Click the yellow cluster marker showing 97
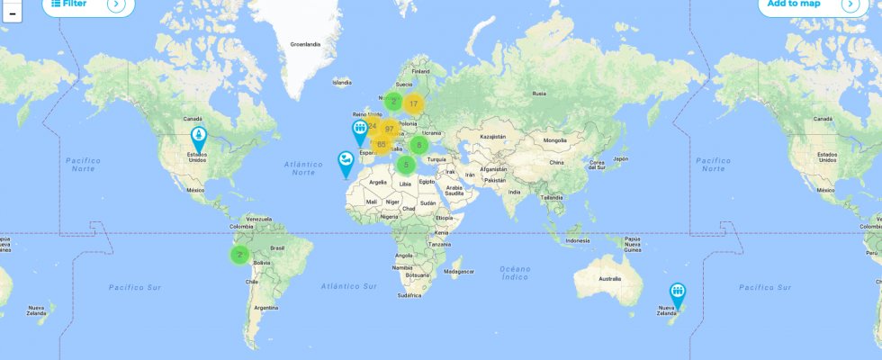coord(390,129)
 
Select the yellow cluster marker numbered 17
coord(413,103)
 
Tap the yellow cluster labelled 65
coord(382,144)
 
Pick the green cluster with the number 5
coord(406,165)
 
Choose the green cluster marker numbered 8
coord(418,145)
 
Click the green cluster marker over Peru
coord(238,255)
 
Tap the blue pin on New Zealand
coord(677,292)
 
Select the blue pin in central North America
coord(198,138)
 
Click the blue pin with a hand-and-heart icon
coord(346,162)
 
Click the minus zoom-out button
coord(12,13)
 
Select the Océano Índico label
coord(516,273)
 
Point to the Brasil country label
coord(277,247)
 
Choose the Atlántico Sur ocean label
coord(349,285)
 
